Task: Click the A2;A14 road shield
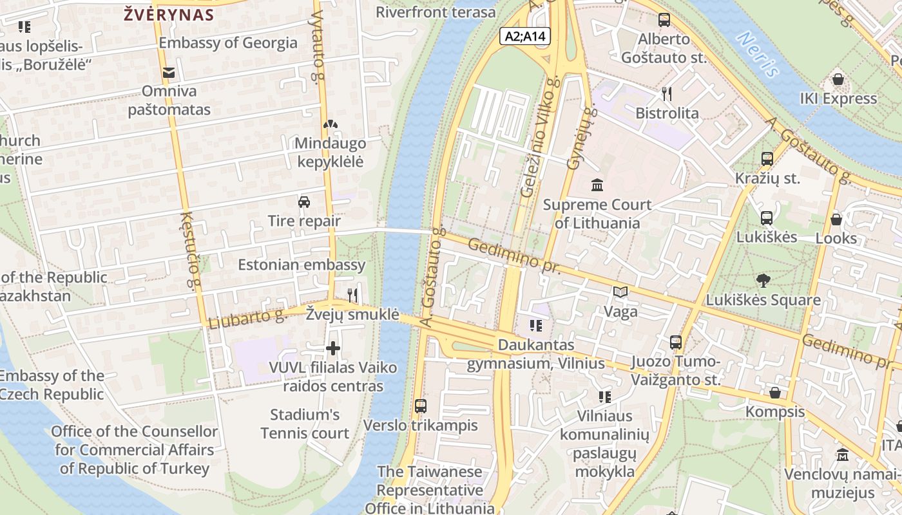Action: click(x=525, y=36)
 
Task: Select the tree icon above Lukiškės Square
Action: click(x=763, y=281)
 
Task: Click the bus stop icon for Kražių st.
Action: click(x=767, y=159)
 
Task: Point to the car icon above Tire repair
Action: click(x=304, y=202)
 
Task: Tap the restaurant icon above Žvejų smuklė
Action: click(x=352, y=295)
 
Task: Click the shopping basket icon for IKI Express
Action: click(x=838, y=80)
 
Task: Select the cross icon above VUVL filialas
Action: click(x=333, y=349)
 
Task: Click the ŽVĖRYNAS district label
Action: click(x=169, y=15)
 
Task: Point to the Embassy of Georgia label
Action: click(x=228, y=43)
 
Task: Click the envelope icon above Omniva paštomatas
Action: click(x=169, y=73)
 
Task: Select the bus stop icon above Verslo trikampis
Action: click(x=421, y=406)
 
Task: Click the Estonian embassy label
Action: click(x=302, y=265)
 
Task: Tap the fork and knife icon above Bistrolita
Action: click(x=667, y=94)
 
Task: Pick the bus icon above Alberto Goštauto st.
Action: click(x=664, y=20)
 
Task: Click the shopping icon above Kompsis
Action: click(x=775, y=393)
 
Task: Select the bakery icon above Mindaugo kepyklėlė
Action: click(x=330, y=124)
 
